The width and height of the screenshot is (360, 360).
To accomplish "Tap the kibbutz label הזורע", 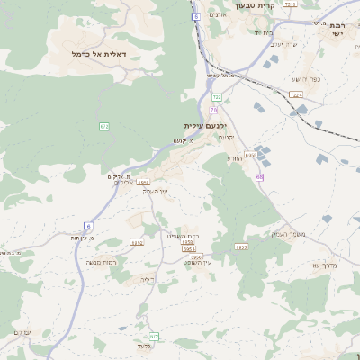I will click(x=234, y=157).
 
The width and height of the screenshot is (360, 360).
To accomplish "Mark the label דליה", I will click(x=148, y=280).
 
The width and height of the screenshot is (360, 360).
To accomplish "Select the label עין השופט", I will click(x=196, y=262).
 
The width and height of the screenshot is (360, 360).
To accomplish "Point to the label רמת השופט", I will click(x=184, y=234).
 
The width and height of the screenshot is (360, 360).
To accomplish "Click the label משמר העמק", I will click(x=289, y=234).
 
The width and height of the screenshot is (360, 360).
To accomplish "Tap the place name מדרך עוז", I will click(x=324, y=265).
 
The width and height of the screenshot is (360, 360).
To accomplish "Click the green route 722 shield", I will click(x=217, y=96).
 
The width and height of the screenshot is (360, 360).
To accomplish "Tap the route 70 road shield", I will click(x=214, y=110).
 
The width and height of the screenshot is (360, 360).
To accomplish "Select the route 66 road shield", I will click(x=259, y=177).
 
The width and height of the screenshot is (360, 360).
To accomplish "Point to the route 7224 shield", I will click(x=297, y=94).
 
